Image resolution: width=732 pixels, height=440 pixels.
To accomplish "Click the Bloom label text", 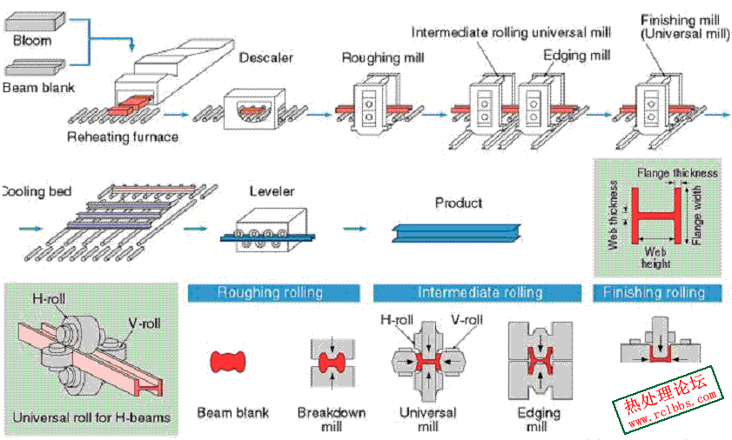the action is pyautogui.click(x=31, y=41).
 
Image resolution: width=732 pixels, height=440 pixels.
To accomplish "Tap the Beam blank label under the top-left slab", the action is pyautogui.click(x=38, y=87).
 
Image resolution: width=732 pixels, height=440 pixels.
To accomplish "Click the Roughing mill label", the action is pyautogui.click(x=383, y=58).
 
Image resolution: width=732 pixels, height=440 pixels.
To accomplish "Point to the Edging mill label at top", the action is pyautogui.click(x=577, y=56).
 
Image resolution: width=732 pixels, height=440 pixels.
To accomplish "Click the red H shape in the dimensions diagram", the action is pyautogui.click(x=656, y=216).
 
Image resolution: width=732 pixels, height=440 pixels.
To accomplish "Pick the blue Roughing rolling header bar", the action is pyautogui.click(x=273, y=293).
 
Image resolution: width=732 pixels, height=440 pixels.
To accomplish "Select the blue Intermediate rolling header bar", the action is pyautogui.click(x=477, y=293).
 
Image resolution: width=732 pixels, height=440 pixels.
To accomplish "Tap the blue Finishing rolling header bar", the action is pyautogui.click(x=657, y=293).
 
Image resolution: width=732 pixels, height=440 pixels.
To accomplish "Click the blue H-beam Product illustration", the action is pyautogui.click(x=456, y=232).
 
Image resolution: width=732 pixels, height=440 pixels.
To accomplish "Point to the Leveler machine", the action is pyautogui.click(x=268, y=230).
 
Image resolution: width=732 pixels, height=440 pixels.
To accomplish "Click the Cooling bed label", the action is pyautogui.click(x=37, y=191).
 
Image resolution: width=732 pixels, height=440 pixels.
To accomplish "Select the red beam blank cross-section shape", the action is pyautogui.click(x=228, y=362).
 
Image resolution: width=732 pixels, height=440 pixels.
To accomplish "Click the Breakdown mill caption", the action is pyautogui.click(x=332, y=419).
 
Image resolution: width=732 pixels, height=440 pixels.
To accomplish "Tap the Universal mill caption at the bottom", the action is pyautogui.click(x=427, y=419).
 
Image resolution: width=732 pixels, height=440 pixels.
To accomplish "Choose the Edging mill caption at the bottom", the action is pyautogui.click(x=539, y=419).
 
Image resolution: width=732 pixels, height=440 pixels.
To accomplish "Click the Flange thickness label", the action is pyautogui.click(x=677, y=173).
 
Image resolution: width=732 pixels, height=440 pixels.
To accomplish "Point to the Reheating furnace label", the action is pyautogui.click(x=123, y=137).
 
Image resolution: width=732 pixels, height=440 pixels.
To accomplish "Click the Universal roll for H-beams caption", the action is pyautogui.click(x=91, y=417).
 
